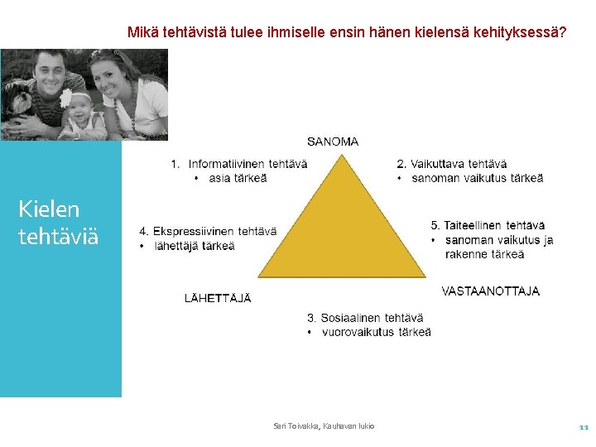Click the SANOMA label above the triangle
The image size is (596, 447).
(333, 142)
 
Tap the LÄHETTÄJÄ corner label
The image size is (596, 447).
(218, 298)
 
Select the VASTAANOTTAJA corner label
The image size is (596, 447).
(490, 291)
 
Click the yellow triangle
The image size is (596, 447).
(342, 236)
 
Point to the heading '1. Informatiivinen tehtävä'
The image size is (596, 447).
(239, 164)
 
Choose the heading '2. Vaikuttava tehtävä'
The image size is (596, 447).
(452, 164)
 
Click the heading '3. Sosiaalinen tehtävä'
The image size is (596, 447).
(365, 318)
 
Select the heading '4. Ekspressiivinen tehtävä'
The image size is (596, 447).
(208, 231)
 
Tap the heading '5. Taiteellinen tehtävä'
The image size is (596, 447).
(488, 225)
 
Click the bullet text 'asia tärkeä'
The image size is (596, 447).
(238, 178)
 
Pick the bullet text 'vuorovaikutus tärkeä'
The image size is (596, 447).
(377, 332)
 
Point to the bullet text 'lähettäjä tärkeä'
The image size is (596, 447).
(195, 246)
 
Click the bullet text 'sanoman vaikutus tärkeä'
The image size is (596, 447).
(478, 178)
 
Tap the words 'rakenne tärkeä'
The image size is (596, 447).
(484, 254)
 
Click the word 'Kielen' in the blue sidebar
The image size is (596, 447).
(49, 209)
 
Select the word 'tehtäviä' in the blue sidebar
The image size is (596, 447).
(58, 236)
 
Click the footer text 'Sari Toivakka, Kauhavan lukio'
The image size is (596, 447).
(324, 426)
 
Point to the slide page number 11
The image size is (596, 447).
(584, 427)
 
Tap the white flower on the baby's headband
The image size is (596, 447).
(66, 98)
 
